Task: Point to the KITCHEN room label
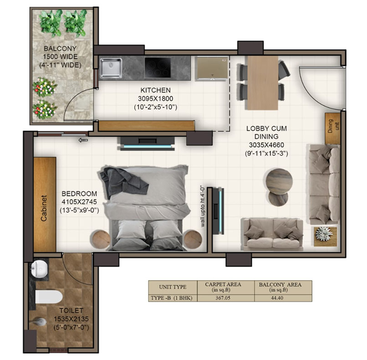tap(155, 90)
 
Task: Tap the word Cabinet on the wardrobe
tap(44, 208)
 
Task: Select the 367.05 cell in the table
tap(223, 299)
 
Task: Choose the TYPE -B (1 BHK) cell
tap(172, 299)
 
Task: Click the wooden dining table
tap(263, 82)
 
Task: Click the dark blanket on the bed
tap(125, 180)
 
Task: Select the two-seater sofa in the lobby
tap(272, 233)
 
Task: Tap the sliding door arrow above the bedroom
tap(83, 140)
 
